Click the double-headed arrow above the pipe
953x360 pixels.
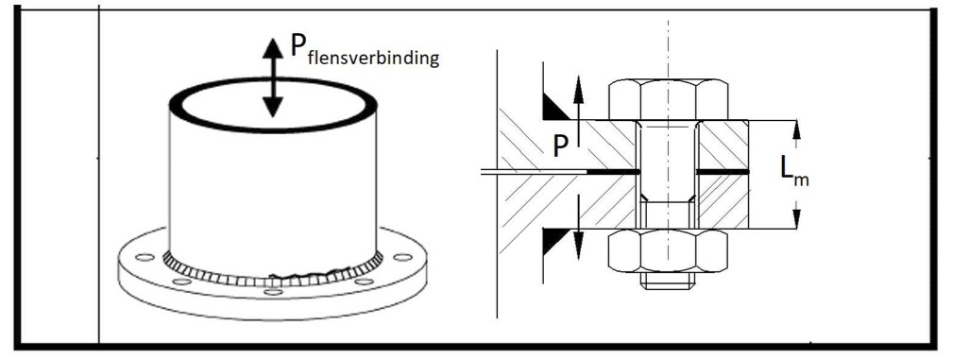[273, 77]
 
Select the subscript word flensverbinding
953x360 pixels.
[373, 59]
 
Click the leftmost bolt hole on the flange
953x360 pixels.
[145, 257]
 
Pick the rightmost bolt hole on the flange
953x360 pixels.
[402, 257]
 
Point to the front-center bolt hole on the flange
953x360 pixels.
[274, 292]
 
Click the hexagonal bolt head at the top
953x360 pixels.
[668, 99]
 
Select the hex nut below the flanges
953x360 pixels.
[668, 250]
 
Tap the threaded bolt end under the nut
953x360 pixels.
[668, 281]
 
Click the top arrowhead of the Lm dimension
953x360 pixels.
[797, 129]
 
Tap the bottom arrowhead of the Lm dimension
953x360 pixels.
[797, 219]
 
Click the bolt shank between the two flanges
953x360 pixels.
[668, 174]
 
